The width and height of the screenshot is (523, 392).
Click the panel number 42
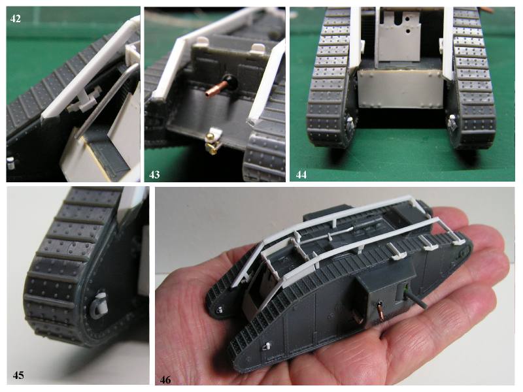(15, 19)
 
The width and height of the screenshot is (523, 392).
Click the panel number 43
(154, 174)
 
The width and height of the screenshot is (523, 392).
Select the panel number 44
(301, 174)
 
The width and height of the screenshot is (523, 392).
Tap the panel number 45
(18, 375)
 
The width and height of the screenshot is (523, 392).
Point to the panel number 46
(165, 380)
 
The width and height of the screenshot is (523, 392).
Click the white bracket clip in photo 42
(84, 102)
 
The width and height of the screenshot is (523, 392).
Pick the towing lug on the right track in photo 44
(452, 123)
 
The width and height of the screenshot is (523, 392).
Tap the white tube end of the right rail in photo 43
(252, 122)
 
